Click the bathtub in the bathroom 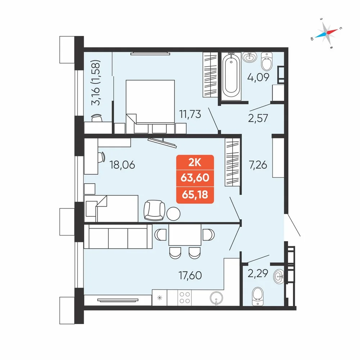(x=231, y=76)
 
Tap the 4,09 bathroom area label (x=258, y=77)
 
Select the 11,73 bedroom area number (x=190, y=114)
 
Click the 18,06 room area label (x=122, y=165)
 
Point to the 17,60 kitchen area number (x=190, y=275)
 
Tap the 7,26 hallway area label (x=258, y=165)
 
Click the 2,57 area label (x=258, y=118)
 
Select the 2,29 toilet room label (x=258, y=273)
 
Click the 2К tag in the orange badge (x=195, y=162)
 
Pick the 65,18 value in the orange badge (x=195, y=195)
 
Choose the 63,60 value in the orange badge (x=195, y=178)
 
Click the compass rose (x=326, y=33)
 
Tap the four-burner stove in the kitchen (x=185, y=298)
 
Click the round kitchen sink (x=216, y=298)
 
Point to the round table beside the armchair (x=174, y=214)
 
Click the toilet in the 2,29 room (x=258, y=296)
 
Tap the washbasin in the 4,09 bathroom (x=249, y=57)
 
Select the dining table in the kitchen (x=185, y=235)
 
